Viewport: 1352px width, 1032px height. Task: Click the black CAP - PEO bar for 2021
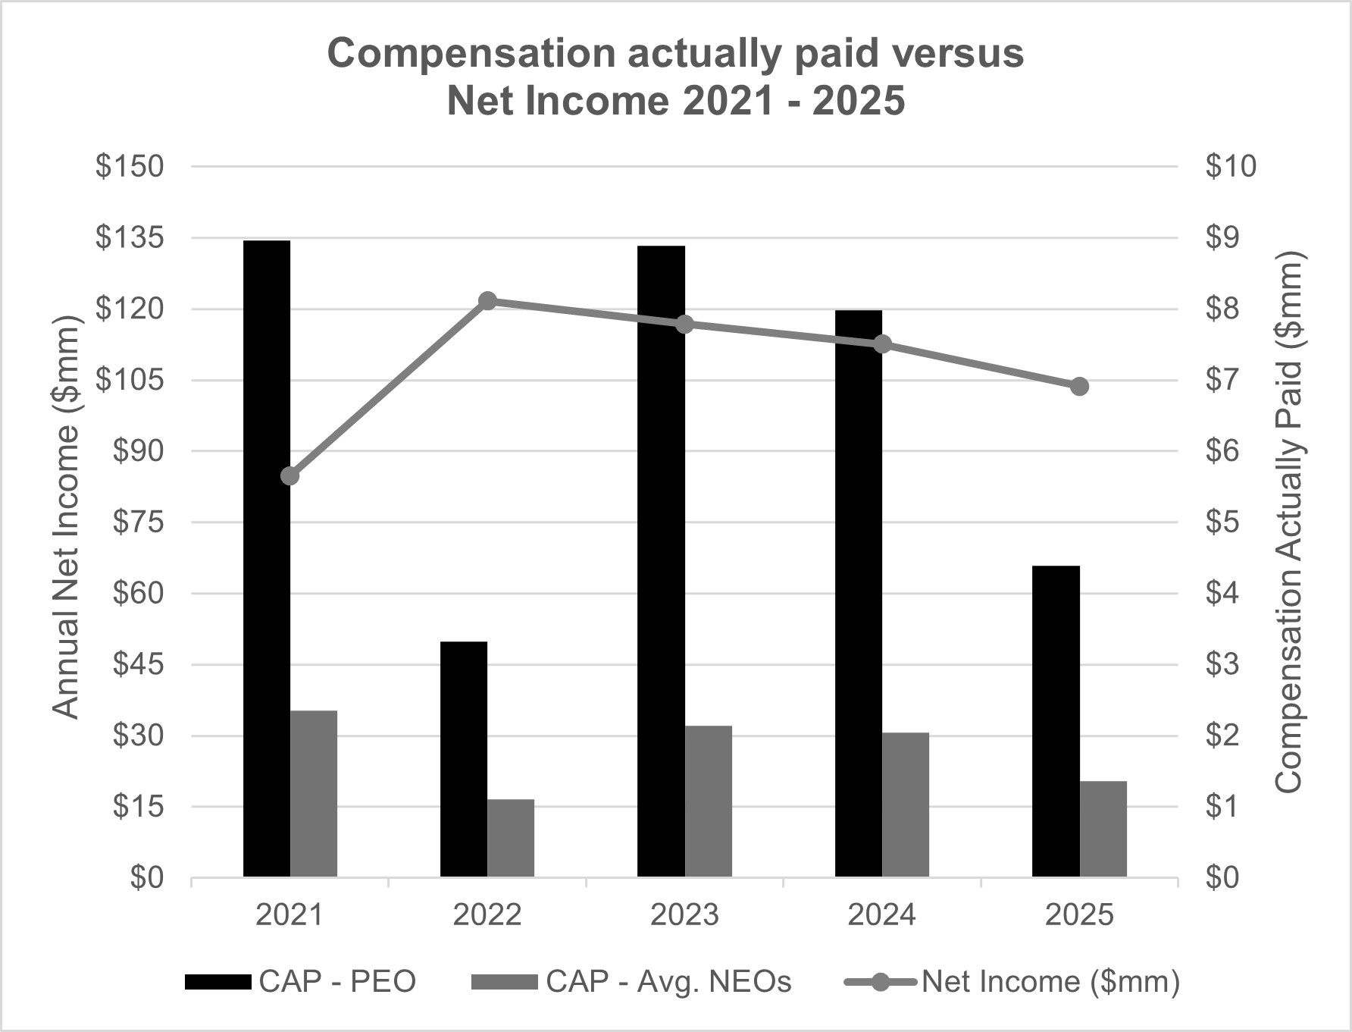(x=266, y=559)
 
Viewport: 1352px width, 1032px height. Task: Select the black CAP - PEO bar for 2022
(x=464, y=759)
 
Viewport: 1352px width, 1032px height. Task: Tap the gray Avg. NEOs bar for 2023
(x=709, y=801)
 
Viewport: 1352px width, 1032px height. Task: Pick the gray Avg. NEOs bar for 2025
(x=1103, y=829)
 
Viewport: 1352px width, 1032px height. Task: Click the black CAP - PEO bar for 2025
(x=1056, y=721)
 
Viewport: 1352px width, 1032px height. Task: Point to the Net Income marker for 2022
(x=488, y=301)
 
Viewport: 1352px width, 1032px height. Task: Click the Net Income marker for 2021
(x=290, y=476)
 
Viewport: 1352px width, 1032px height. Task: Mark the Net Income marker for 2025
(x=1080, y=387)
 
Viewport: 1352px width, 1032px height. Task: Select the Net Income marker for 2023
(x=685, y=325)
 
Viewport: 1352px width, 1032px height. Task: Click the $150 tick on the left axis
(x=130, y=167)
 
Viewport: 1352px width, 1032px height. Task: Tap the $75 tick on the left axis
(x=138, y=522)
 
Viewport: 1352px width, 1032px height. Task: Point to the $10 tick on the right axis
(x=1231, y=167)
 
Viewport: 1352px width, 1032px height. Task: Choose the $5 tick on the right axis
(x=1222, y=522)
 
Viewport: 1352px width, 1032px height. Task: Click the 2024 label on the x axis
(x=881, y=915)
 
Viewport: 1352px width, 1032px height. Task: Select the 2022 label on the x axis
(x=487, y=915)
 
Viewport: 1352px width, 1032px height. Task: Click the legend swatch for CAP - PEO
(x=218, y=982)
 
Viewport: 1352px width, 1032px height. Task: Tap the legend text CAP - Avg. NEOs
(x=668, y=982)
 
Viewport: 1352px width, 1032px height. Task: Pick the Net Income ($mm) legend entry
(x=1050, y=982)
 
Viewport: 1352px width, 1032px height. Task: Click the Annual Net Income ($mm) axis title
(x=67, y=517)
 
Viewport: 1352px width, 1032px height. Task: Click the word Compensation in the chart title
(x=471, y=54)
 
